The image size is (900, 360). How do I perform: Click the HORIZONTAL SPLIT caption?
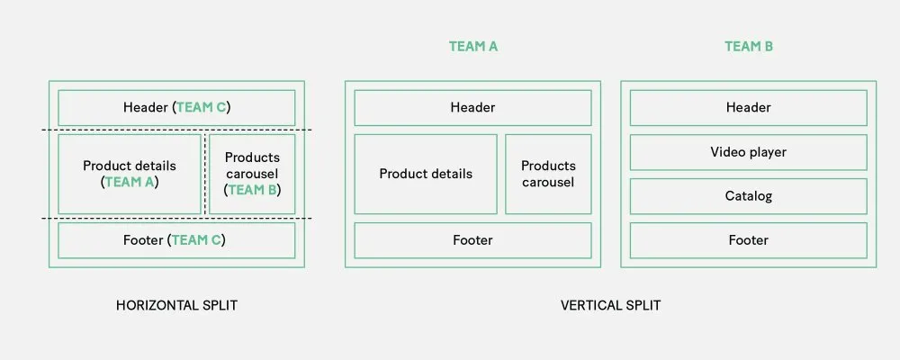[176, 305]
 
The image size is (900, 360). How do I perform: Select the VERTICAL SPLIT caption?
[610, 305]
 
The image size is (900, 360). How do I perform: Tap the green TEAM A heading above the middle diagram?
[473, 46]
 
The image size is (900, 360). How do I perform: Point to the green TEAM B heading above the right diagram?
[749, 46]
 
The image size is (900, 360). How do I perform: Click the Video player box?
[748, 152]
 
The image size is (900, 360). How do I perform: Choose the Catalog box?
[748, 196]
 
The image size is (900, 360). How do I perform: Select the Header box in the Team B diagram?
[748, 108]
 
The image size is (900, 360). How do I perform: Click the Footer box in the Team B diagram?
[748, 240]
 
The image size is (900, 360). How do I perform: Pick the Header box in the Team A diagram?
[472, 108]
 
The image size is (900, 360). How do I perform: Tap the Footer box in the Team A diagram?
[472, 240]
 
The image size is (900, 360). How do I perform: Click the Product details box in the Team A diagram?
[426, 174]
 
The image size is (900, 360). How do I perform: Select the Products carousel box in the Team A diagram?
[548, 174]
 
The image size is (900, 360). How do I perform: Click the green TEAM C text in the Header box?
[202, 108]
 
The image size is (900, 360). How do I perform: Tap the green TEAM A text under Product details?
[130, 182]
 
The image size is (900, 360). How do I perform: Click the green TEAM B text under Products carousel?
[252, 190]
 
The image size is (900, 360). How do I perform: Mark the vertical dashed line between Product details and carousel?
[205, 175]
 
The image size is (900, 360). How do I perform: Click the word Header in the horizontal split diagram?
[146, 108]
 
